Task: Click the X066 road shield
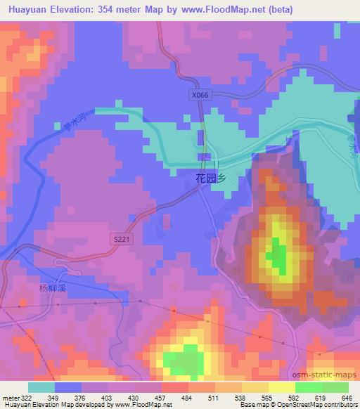(x=200, y=93)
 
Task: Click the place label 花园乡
(x=211, y=178)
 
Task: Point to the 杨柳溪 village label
(x=44, y=288)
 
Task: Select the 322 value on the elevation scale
(x=22, y=397)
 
